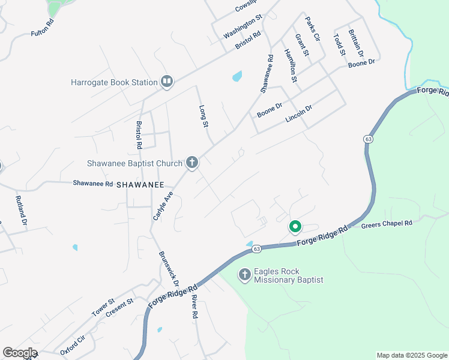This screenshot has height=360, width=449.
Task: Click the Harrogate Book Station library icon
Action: pos(167,82)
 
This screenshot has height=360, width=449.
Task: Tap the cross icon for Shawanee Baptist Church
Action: pos(192,163)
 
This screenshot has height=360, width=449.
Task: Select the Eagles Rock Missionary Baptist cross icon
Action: pos(244,275)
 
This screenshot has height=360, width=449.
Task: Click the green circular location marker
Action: pos(295,227)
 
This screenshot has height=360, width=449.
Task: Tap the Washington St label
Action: pos(243,27)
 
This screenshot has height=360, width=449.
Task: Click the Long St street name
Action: pos(203,116)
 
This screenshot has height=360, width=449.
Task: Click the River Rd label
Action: pos(194,306)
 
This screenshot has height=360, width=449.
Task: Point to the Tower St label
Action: pos(103,308)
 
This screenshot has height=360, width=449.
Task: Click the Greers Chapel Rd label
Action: pos(387,224)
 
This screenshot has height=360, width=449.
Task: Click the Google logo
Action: pos(20,353)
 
